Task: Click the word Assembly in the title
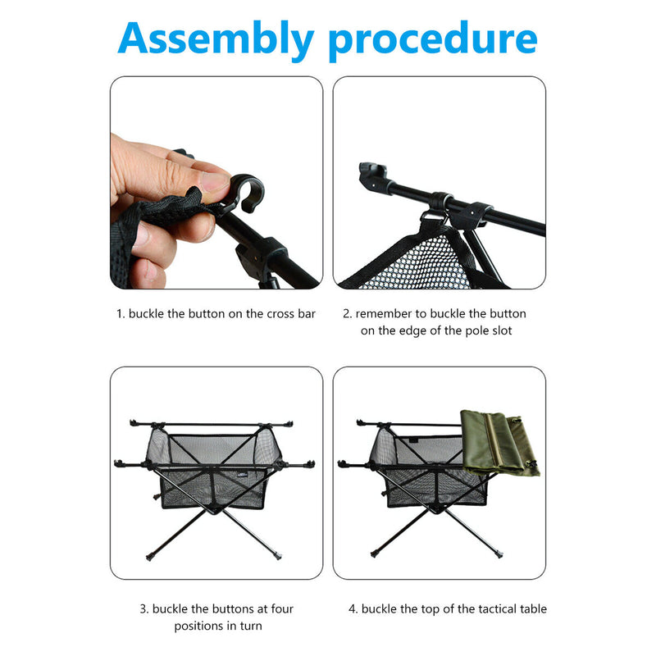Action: click(216, 39)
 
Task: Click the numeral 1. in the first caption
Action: click(120, 314)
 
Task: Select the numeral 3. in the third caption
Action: click(143, 609)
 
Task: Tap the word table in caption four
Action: click(531, 609)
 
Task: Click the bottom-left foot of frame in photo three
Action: click(149, 557)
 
